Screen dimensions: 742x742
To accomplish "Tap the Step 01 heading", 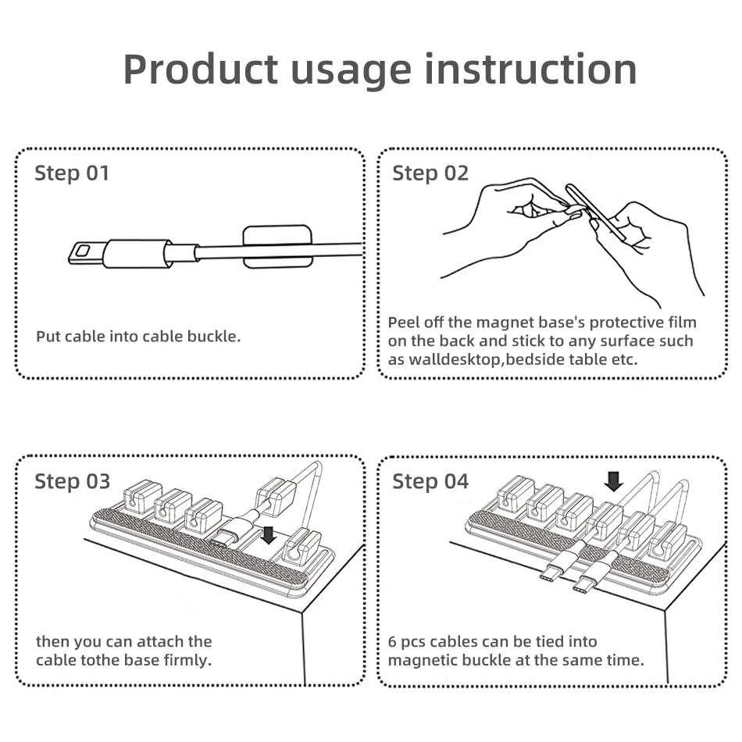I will click(72, 173).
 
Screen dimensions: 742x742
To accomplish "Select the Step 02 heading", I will click(430, 173).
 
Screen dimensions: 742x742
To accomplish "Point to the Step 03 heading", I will click(72, 481).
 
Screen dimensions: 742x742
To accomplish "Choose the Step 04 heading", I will click(430, 481).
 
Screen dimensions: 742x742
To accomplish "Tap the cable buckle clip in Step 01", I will click(276, 247).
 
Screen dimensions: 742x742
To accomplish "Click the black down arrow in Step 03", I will click(268, 535).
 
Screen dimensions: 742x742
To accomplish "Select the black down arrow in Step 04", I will click(614, 480).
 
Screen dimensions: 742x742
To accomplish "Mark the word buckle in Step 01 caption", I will click(212, 337).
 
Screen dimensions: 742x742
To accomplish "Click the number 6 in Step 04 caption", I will click(392, 641).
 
